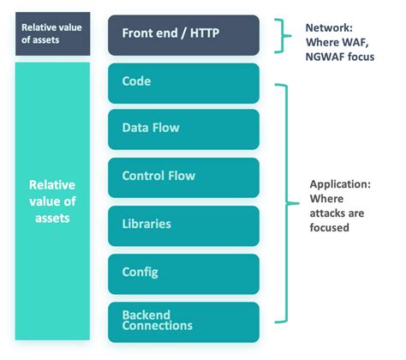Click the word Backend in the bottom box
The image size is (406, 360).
point(146,314)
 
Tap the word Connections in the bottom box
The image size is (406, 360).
point(158,326)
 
